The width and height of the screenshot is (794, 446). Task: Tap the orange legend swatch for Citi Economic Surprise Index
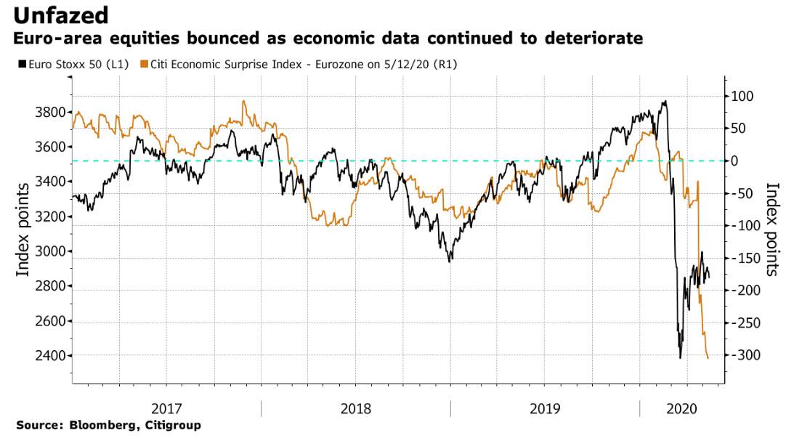(145, 65)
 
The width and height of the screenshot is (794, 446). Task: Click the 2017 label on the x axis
(166, 409)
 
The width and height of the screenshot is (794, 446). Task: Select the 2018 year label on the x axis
(356, 409)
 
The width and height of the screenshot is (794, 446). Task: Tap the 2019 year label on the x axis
(545, 409)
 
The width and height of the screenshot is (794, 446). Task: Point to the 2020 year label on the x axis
(682, 409)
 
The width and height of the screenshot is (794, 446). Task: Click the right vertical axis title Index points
(773, 230)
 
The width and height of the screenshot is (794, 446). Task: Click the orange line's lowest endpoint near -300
(708, 357)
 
